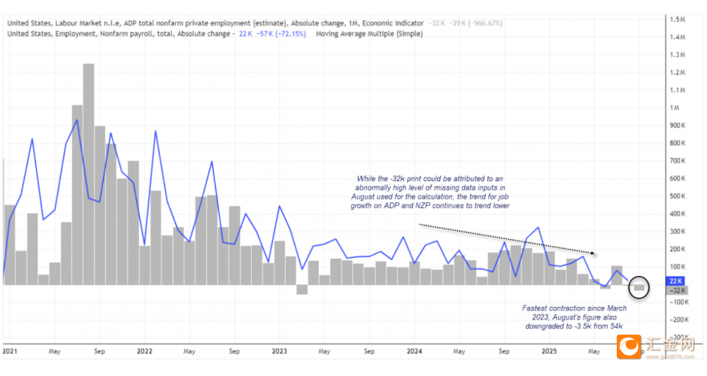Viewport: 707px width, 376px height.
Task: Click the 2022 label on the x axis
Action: [x=144, y=350]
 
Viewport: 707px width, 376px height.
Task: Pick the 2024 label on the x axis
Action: [x=414, y=350]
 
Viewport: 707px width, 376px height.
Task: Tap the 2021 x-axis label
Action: [x=11, y=350]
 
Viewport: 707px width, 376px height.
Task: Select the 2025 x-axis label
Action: [x=548, y=350]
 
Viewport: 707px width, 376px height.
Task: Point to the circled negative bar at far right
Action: [x=639, y=287]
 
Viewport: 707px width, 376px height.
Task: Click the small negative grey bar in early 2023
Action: [x=302, y=289]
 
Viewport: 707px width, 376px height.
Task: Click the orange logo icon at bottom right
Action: [x=630, y=347]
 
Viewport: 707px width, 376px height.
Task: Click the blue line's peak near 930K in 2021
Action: [x=77, y=120]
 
